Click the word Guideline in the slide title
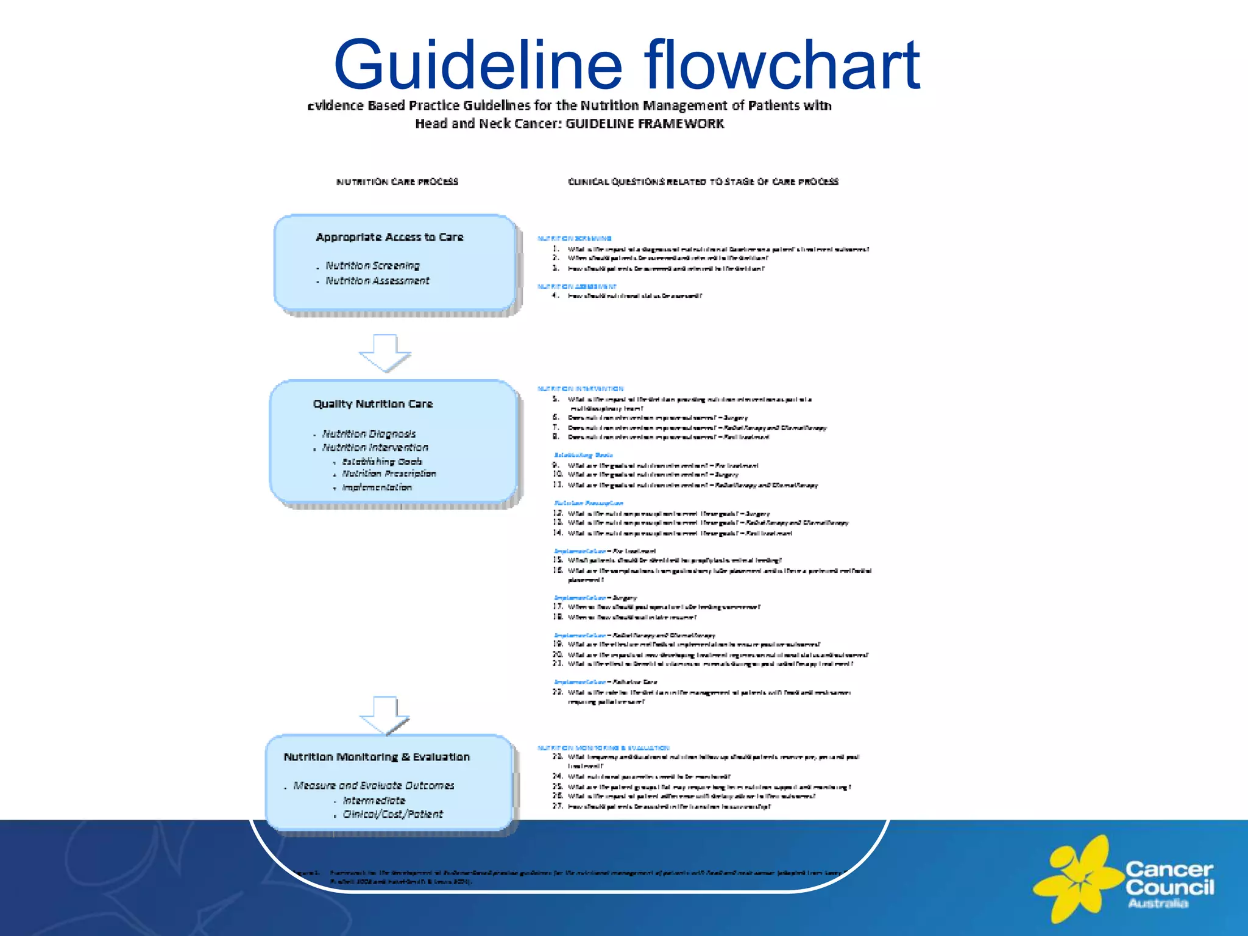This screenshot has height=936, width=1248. (478, 65)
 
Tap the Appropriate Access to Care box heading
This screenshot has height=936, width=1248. (389, 237)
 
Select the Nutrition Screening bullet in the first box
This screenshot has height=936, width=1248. (372, 266)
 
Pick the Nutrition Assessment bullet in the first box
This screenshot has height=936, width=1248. (377, 281)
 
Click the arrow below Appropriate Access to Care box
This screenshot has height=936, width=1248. (385, 353)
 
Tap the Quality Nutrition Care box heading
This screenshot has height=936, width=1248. (373, 404)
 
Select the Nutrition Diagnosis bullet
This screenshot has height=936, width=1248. (369, 434)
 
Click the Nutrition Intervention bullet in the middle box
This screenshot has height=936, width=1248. (375, 447)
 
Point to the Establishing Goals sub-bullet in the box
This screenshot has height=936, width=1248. (381, 461)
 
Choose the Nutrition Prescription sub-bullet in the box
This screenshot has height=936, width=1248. (389, 473)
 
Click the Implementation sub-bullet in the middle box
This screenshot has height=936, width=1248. (377, 487)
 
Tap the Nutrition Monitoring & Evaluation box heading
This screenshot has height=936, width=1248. (377, 757)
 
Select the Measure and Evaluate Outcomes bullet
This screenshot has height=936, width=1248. (374, 785)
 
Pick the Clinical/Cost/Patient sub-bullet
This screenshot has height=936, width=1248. (392, 814)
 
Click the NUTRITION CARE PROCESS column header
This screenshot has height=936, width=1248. (397, 182)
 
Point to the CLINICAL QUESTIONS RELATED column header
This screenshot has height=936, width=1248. (703, 182)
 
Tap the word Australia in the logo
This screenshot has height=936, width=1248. (1157, 903)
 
